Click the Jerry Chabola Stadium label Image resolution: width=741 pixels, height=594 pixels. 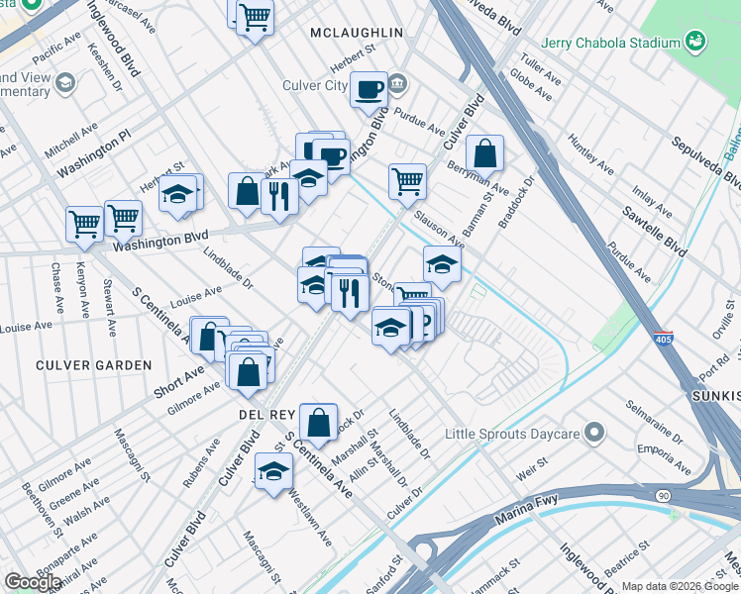point(610,43)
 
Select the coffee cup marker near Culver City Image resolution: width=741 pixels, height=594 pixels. point(369,89)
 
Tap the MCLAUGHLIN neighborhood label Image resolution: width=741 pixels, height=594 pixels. point(357,33)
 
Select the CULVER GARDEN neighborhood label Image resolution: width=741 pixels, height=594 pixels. point(94,365)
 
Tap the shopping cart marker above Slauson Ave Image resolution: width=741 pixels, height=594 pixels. point(407,181)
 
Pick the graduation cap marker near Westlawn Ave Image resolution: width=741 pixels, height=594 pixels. point(273,471)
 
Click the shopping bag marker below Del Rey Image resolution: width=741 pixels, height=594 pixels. point(319,423)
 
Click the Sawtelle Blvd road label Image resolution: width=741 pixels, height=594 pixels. point(655,231)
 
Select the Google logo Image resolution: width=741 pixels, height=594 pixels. point(33,583)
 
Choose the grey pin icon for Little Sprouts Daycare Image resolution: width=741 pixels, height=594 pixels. point(594,433)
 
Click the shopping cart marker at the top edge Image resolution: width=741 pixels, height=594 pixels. point(256,16)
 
